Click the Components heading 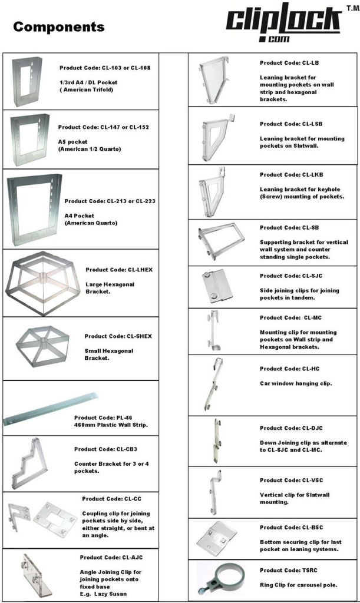58,27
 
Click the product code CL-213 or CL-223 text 110,201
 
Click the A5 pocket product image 29,140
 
